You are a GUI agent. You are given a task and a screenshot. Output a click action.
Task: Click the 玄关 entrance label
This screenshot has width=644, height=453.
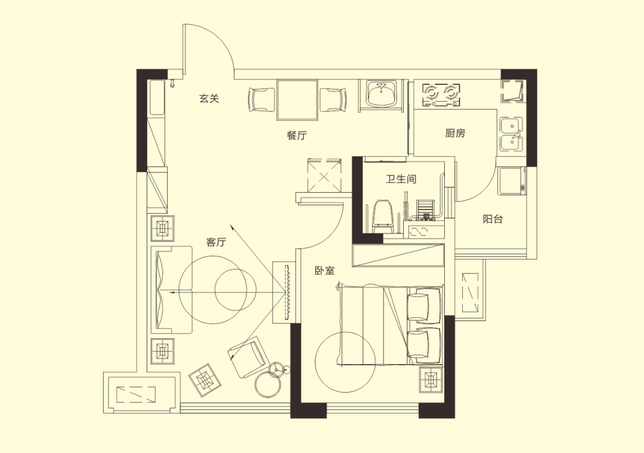point(209,98)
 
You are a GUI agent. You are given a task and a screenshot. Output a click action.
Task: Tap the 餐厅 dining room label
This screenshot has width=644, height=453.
point(296,135)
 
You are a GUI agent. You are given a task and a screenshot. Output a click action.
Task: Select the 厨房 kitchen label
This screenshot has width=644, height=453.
point(455,133)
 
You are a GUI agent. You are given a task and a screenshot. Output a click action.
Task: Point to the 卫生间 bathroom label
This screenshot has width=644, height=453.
point(401,179)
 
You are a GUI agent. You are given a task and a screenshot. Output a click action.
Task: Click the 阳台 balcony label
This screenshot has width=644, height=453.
point(493,219)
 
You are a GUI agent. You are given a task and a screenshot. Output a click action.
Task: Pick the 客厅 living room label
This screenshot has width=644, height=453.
point(216,242)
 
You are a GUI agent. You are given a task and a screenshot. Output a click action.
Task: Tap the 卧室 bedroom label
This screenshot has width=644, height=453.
point(324,271)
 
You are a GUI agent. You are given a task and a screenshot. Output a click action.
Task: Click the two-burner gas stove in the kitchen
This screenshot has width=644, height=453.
point(441,94)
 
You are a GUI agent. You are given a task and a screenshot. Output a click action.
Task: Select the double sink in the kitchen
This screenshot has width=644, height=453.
point(512,134)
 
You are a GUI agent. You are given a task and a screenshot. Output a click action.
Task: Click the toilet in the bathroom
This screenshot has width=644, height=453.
point(382,215)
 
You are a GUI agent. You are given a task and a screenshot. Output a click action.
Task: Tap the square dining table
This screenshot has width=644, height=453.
point(298,100)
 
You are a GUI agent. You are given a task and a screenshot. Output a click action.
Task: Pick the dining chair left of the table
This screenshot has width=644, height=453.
point(262,100)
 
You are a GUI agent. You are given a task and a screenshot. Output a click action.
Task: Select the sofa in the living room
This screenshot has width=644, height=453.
point(172,289)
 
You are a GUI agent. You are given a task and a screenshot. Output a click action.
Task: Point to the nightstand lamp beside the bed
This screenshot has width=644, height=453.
point(431,380)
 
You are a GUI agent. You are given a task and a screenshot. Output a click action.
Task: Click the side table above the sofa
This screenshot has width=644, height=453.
point(163,228)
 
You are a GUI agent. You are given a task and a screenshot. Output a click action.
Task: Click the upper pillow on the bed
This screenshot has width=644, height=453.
point(425,304)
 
